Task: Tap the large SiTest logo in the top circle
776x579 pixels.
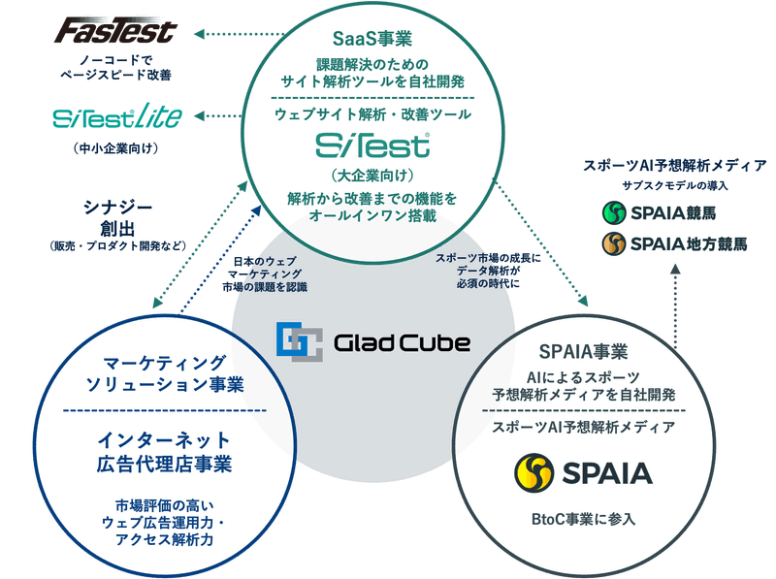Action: (372, 145)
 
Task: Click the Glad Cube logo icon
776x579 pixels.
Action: (297, 341)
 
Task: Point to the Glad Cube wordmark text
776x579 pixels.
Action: (401, 342)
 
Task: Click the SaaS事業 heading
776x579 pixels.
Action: (372, 40)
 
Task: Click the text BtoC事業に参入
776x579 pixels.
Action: (582, 519)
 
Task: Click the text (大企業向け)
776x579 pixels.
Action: (372, 177)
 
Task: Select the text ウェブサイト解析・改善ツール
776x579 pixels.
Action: (372, 114)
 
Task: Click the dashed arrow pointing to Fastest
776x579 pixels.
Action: (218, 34)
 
